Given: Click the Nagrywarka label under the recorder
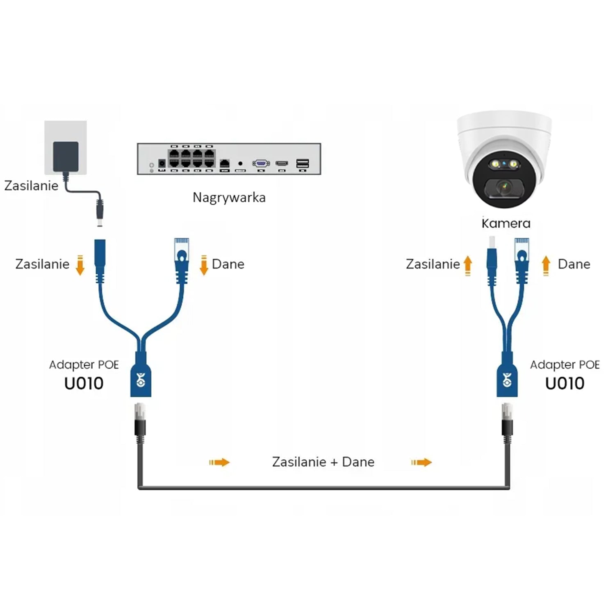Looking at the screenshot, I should pos(229,198).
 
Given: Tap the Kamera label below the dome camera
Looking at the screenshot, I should pos(506,223).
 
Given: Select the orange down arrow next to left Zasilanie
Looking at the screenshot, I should pos(80,265).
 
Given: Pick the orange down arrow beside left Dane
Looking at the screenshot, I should pos(204,265).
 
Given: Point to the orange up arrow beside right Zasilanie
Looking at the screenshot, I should pos(467,265).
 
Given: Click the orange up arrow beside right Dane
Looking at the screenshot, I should pos(546,265).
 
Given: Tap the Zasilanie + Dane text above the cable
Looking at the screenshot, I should pos(323,462).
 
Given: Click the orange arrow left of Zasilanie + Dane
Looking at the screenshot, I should pos(219,462).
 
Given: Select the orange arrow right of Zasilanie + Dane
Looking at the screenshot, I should pos(421,462).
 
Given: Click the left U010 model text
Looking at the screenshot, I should pos(84,383).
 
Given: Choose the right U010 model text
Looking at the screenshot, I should pos(565,383).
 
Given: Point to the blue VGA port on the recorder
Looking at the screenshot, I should pos(261,164).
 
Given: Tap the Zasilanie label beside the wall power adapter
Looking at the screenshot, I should pos(31,186).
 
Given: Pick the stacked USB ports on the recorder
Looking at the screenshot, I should pos(302,163).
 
